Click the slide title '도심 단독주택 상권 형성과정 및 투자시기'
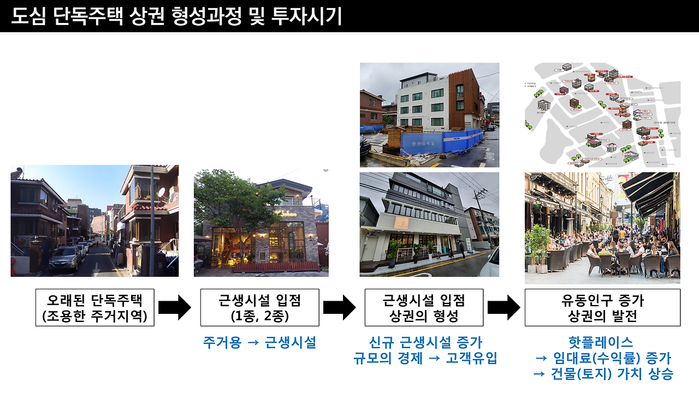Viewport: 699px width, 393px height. [176, 16]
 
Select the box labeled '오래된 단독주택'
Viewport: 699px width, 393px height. [95, 307]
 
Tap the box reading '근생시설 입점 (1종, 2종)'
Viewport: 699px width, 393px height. [259, 307]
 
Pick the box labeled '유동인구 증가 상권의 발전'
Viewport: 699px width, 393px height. [602, 307]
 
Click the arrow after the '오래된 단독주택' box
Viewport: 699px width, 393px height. [174, 307]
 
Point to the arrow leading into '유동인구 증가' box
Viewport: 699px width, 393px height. [503, 307]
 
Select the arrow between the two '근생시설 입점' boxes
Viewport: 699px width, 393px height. [339, 307]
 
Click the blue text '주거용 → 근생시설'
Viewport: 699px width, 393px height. [259, 343]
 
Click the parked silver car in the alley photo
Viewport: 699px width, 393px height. [66, 258]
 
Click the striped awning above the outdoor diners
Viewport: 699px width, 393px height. [650, 191]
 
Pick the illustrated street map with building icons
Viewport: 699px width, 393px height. [602, 115]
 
